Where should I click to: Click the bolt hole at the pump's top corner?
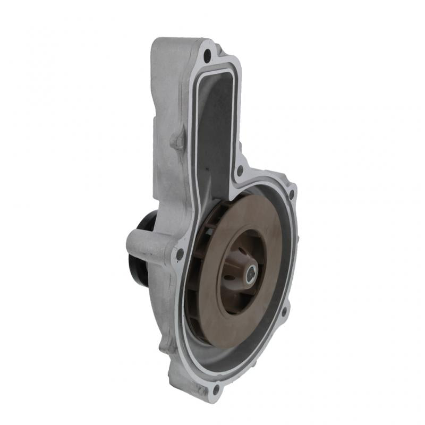[x=207, y=53]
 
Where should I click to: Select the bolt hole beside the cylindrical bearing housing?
[x=180, y=255]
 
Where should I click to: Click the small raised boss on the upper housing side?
[x=176, y=141]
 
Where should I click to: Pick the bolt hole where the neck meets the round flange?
[x=240, y=171]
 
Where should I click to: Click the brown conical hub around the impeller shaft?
[x=242, y=276]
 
